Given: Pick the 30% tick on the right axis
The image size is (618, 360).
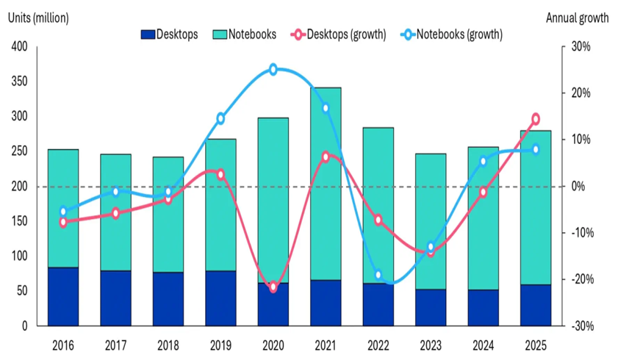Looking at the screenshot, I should click(581, 47).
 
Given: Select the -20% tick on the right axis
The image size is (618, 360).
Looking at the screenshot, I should click(579, 279).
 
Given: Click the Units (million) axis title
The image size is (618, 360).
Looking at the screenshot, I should click(38, 18).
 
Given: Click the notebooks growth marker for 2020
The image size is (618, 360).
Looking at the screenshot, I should click(273, 70).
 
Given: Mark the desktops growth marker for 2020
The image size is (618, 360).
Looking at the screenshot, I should click(273, 287).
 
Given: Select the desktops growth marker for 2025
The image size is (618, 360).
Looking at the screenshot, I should click(536, 119).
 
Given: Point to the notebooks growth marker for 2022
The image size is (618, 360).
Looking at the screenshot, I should click(378, 275).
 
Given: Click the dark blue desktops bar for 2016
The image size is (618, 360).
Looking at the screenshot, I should click(63, 296).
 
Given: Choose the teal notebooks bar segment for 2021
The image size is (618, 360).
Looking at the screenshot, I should click(326, 184).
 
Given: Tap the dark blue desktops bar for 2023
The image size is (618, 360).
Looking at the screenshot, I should click(431, 307).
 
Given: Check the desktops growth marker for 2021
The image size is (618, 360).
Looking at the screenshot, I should click(326, 156).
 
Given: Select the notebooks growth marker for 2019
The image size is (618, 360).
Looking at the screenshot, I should click(220, 118).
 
